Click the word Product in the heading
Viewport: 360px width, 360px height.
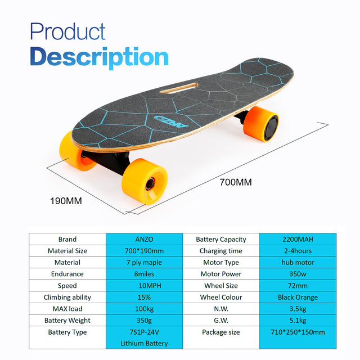click(67, 32)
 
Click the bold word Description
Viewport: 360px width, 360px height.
click(99, 57)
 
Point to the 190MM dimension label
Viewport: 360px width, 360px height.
click(66, 200)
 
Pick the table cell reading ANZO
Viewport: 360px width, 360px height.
click(145, 239)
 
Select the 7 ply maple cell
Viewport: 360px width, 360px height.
click(145, 263)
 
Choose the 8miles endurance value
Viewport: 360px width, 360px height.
click(145, 274)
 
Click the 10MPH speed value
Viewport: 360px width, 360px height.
click(145, 286)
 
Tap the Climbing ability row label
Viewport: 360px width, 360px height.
click(67, 298)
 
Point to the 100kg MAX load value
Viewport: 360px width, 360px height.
click(145, 309)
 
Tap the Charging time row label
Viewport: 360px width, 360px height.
click(221, 251)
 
